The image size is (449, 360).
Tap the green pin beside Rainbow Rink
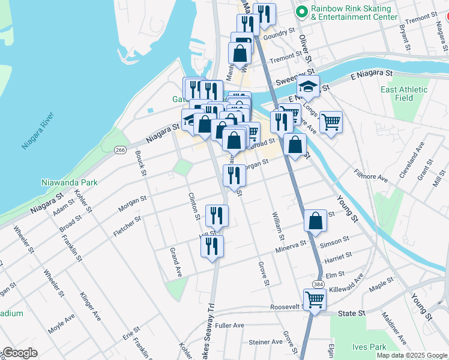point(302,11)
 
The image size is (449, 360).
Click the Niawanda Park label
point(70,181)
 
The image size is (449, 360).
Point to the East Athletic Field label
point(405,94)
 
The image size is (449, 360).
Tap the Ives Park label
point(370,347)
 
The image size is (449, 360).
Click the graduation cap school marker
point(308,88)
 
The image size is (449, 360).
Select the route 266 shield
point(120,149)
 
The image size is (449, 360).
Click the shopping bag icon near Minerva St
point(315,221)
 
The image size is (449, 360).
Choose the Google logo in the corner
point(20,353)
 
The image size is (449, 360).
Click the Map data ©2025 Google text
point(412,355)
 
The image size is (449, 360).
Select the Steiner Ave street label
point(265,342)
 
